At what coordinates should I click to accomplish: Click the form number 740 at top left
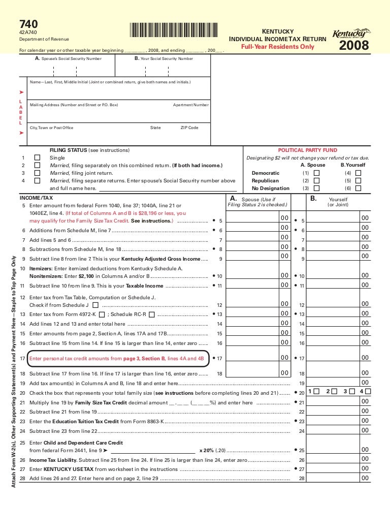pyautogui.click(x=28, y=24)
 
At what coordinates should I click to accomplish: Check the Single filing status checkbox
pyautogui.click(x=37, y=158)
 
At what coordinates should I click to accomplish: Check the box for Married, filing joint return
pyautogui.click(x=37, y=173)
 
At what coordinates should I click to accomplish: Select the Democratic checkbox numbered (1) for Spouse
pyautogui.click(x=317, y=173)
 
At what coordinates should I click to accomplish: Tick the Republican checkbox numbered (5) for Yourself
pyautogui.click(x=358, y=180)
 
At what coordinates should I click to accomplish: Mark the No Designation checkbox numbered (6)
pyautogui.click(x=358, y=188)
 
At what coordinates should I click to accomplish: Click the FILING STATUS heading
pyautogui.click(x=68, y=150)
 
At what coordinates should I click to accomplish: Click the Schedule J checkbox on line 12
pyautogui.click(x=96, y=305)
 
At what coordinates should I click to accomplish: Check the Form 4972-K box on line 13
pyautogui.click(x=102, y=314)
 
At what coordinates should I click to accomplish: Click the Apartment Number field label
pyautogui.click(x=190, y=105)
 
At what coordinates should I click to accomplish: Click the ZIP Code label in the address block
pyautogui.click(x=189, y=128)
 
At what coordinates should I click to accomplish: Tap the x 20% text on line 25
pyautogui.click(x=206, y=451)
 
